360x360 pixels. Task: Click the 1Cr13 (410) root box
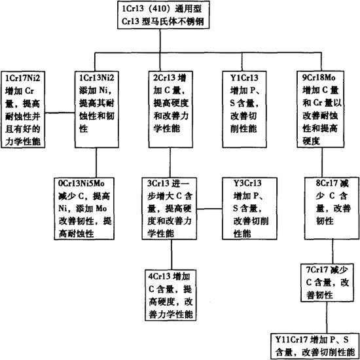coord(163,14)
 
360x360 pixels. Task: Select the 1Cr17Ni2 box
coord(22,109)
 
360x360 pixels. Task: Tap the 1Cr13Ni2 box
coord(97,109)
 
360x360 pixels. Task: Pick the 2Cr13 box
coord(170,109)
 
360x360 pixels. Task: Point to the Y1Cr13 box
coord(244,109)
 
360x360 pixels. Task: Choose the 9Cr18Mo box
coord(321,109)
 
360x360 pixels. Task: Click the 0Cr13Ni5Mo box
coord(84,208)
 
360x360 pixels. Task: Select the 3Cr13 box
coord(170,208)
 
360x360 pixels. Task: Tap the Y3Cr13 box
coord(249,208)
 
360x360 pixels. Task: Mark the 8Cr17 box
coord(332,208)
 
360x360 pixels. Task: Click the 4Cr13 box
coord(171,295)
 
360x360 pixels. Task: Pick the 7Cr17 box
coord(327,283)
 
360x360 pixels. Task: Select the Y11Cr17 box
coord(315,346)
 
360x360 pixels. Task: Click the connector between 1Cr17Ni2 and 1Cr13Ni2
coord(60,113)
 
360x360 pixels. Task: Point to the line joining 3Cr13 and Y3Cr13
coord(209,209)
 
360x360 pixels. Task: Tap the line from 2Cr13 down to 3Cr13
coord(170,162)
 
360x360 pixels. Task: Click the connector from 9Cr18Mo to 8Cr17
coord(321,162)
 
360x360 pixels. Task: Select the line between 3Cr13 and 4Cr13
coord(171,255)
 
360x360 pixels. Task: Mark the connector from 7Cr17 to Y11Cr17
coord(327,317)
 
